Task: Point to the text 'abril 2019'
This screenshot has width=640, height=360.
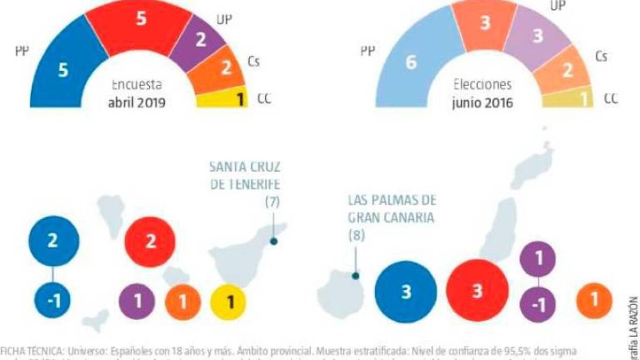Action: pyautogui.click(x=136, y=102)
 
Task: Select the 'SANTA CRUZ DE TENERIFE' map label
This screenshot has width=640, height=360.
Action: pyautogui.click(x=246, y=175)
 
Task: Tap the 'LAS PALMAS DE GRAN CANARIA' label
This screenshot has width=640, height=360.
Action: pyautogui.click(x=392, y=208)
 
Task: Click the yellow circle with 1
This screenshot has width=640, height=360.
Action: pyautogui.click(x=229, y=302)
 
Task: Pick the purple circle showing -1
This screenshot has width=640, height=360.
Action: pyautogui.click(x=537, y=305)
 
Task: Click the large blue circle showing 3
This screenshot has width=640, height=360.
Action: pyautogui.click(x=406, y=292)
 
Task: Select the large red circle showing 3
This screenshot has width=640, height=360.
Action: pyautogui.click(x=477, y=291)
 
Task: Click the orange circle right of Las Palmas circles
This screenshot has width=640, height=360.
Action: pyautogui.click(x=594, y=299)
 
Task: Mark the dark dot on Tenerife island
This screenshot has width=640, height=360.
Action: pyautogui.click(x=274, y=241)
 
